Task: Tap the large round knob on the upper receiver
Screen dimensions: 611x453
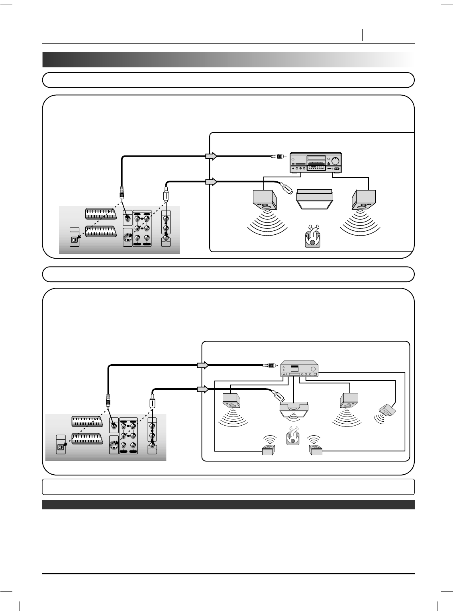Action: (x=336, y=161)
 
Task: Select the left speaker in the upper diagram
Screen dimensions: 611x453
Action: (x=265, y=200)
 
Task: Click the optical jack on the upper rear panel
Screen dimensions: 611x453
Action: (x=74, y=240)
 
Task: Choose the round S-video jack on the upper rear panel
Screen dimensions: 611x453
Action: (x=128, y=239)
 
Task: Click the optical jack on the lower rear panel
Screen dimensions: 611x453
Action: (x=61, y=447)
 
